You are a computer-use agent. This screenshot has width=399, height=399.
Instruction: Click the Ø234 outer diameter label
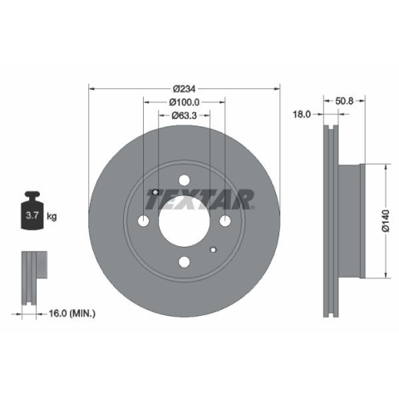185,89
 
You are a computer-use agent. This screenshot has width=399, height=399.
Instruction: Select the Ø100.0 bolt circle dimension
185,102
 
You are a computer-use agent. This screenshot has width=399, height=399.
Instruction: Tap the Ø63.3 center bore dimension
184,116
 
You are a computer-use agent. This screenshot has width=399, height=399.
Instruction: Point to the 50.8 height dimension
344,101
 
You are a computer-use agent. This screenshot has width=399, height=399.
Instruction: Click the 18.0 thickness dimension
302,114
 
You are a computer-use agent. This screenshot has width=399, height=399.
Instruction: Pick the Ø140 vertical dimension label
386,221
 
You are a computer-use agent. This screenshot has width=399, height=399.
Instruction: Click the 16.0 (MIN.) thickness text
72,313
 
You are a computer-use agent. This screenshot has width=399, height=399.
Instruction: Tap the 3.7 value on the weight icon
32,215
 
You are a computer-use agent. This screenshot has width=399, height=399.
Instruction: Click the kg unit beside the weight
52,216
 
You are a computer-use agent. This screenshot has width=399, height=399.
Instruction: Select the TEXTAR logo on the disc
200,199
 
